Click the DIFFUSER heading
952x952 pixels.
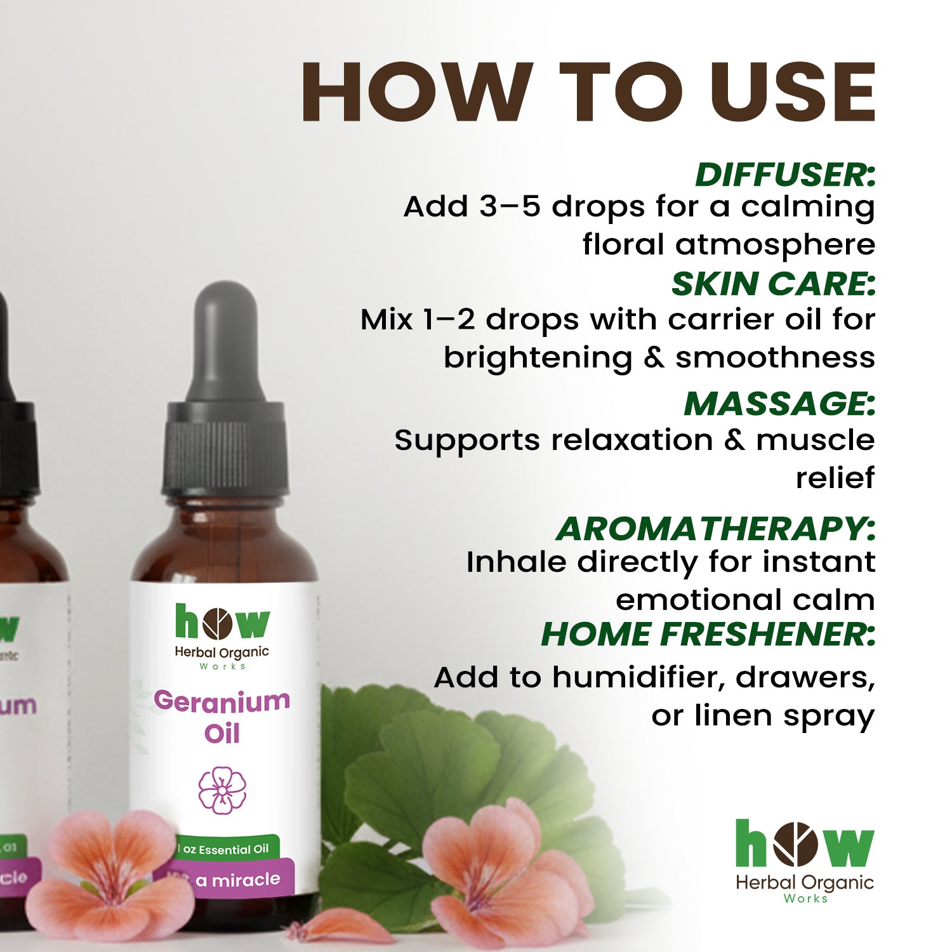pos(785,175)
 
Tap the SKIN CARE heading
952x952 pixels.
pos(773,284)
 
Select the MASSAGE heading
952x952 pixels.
pos(779,404)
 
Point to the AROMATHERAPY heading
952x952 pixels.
pos(715,529)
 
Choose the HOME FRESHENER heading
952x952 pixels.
pos(708,634)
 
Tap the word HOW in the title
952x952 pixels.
pos(416,92)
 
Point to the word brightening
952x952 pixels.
pos(538,357)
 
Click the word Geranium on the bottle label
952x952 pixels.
pos(221,701)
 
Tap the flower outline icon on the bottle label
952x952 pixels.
pos(222,790)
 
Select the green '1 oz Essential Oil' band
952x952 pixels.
pos(227,849)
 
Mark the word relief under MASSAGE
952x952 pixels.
pos(835,478)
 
